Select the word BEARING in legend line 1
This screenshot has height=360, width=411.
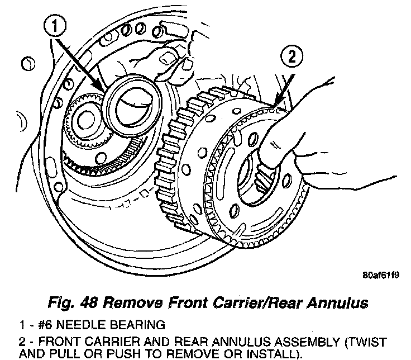(138, 324)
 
